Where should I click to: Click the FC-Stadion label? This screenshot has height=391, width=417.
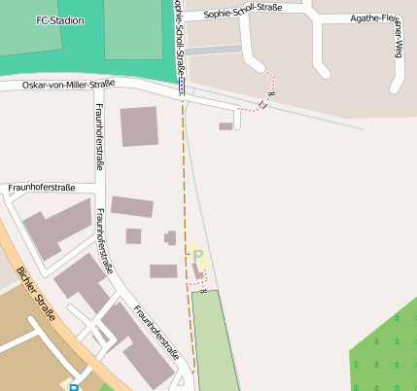[x=59, y=20]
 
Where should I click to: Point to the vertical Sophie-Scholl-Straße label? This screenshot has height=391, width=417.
[x=178, y=34]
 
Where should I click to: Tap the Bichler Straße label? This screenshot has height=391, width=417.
[x=36, y=291]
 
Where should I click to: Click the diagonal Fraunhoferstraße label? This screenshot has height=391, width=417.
[x=156, y=331]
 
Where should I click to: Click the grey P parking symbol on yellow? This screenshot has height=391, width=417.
[x=198, y=256]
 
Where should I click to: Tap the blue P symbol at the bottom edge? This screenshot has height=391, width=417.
[x=74, y=386]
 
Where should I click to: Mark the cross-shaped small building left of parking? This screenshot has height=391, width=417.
[x=170, y=237]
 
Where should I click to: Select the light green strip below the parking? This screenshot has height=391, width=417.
[x=214, y=340]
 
